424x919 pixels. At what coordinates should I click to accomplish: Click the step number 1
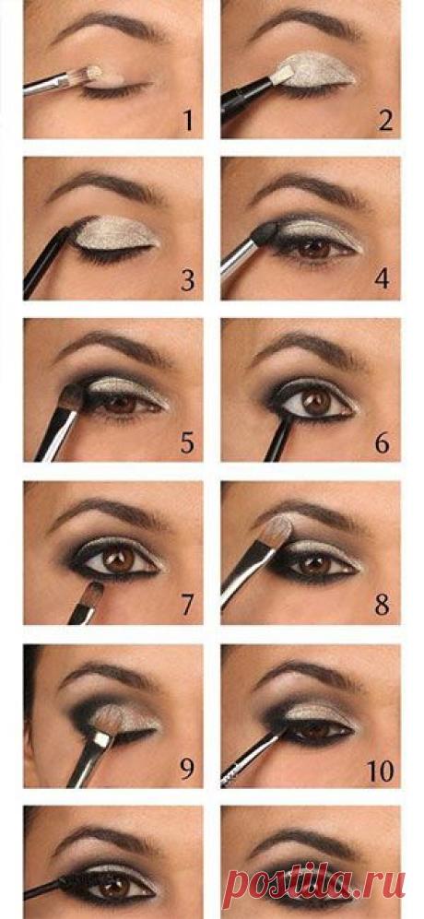(x=188, y=120)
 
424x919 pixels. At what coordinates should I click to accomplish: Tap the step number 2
(x=384, y=120)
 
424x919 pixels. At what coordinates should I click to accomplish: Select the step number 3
(x=188, y=281)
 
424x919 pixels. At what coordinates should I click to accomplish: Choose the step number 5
(x=188, y=443)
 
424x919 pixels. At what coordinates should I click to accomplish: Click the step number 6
(x=383, y=443)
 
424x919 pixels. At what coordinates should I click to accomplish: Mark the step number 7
(x=188, y=605)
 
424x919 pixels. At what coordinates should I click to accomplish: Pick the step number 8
(x=383, y=605)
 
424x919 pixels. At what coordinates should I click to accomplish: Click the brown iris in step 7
(x=120, y=560)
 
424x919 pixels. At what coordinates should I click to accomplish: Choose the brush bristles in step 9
(x=109, y=720)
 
